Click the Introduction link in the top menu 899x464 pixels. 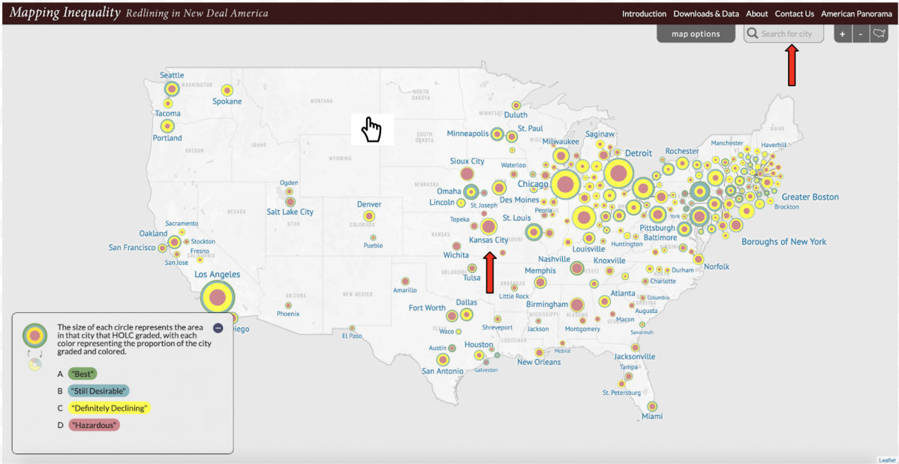tap(644, 14)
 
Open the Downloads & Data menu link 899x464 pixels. tap(705, 14)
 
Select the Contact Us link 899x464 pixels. tap(794, 14)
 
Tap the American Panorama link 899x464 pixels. tap(857, 14)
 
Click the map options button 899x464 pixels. tap(696, 34)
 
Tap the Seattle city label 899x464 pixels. tap(172, 75)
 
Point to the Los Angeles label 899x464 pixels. tap(217, 275)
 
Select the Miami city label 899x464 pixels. tap(652, 416)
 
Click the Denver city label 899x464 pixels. tap(369, 204)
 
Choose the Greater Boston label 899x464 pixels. tap(810, 197)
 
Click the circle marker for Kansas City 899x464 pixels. tap(489, 226)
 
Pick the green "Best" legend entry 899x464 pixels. tap(83, 373)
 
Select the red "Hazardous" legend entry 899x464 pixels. tap(94, 425)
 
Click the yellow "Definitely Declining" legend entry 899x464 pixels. tap(110, 408)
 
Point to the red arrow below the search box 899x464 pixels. tap(791, 66)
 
